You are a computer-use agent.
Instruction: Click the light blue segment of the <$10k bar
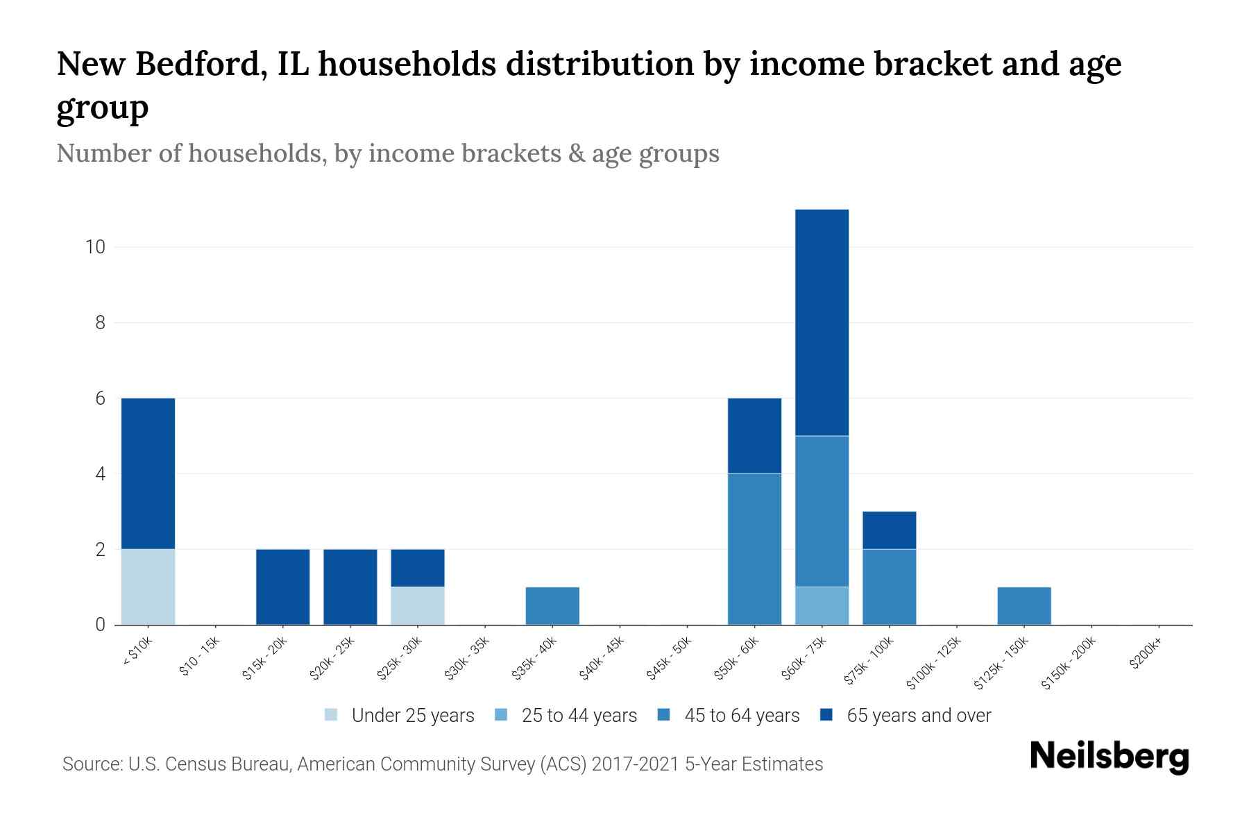[x=148, y=587]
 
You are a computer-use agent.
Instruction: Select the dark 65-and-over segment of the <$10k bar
[x=148, y=473]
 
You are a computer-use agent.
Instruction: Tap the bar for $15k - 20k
[x=282, y=587]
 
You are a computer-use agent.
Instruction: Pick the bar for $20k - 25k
[x=350, y=587]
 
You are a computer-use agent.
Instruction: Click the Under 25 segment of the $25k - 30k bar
[x=418, y=605]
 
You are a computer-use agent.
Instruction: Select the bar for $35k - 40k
[x=552, y=605]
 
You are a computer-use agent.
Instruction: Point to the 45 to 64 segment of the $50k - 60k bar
[x=754, y=548]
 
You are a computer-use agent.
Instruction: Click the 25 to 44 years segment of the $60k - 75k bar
[x=822, y=605]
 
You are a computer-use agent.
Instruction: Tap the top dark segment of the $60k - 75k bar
[x=822, y=322]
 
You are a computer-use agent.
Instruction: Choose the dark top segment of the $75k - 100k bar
[x=889, y=530]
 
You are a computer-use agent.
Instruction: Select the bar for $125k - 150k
[x=1023, y=605]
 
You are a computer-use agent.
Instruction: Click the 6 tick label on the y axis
[x=101, y=398]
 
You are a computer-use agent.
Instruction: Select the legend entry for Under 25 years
[x=400, y=716]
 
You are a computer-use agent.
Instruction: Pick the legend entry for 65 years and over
[x=906, y=716]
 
